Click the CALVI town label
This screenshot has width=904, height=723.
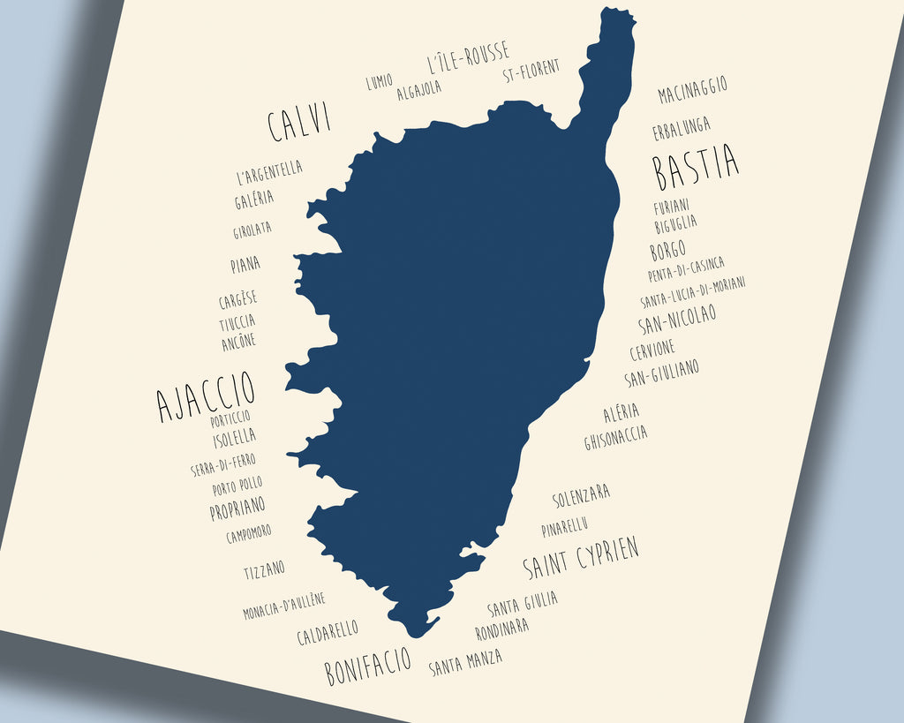[x=299, y=122]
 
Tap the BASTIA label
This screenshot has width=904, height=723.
[x=697, y=167]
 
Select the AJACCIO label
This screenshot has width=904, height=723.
[x=206, y=395]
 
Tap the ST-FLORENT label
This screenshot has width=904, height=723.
[x=531, y=72]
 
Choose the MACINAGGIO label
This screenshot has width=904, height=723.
[x=693, y=89]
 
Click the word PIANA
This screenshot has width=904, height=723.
[x=245, y=264]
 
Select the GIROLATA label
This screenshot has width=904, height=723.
[x=252, y=230]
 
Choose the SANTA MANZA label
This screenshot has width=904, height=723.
[x=465, y=661]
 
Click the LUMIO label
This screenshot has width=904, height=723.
[x=380, y=82]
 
